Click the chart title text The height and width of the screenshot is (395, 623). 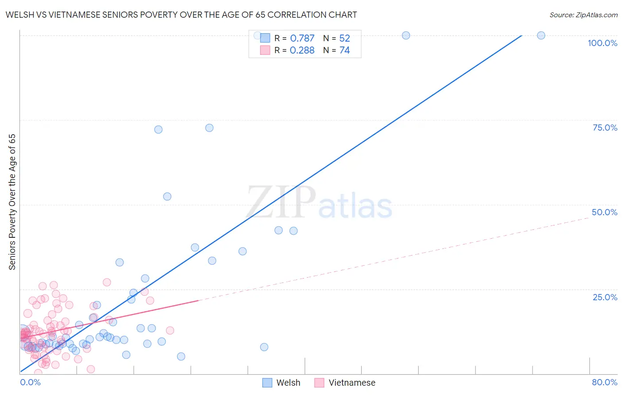point(181,15)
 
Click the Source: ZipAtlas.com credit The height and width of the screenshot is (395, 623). point(583,15)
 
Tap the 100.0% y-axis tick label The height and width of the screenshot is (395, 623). point(602,43)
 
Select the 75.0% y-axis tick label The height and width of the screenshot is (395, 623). point(605,128)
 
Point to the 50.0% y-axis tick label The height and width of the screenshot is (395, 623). point(604,212)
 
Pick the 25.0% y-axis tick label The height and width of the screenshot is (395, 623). point(605,297)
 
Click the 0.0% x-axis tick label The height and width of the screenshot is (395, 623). point(30,382)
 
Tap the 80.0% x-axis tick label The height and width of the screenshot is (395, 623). point(604,382)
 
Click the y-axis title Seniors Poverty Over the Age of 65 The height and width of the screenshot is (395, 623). point(12,202)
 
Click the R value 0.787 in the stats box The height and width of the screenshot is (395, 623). point(302,39)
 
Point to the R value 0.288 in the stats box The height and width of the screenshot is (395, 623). point(302,50)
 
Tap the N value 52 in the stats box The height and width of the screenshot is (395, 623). point(344,39)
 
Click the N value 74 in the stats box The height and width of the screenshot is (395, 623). point(344,50)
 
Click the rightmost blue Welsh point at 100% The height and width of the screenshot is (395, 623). point(541,35)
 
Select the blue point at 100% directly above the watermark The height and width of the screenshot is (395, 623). point(406,35)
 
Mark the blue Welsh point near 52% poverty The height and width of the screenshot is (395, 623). point(167,197)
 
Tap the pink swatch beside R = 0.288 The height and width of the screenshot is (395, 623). point(265,50)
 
